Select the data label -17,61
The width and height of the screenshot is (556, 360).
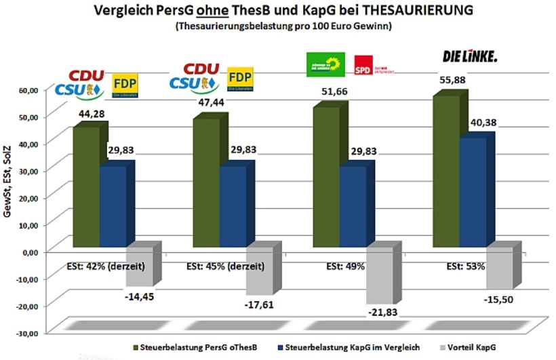260,304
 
